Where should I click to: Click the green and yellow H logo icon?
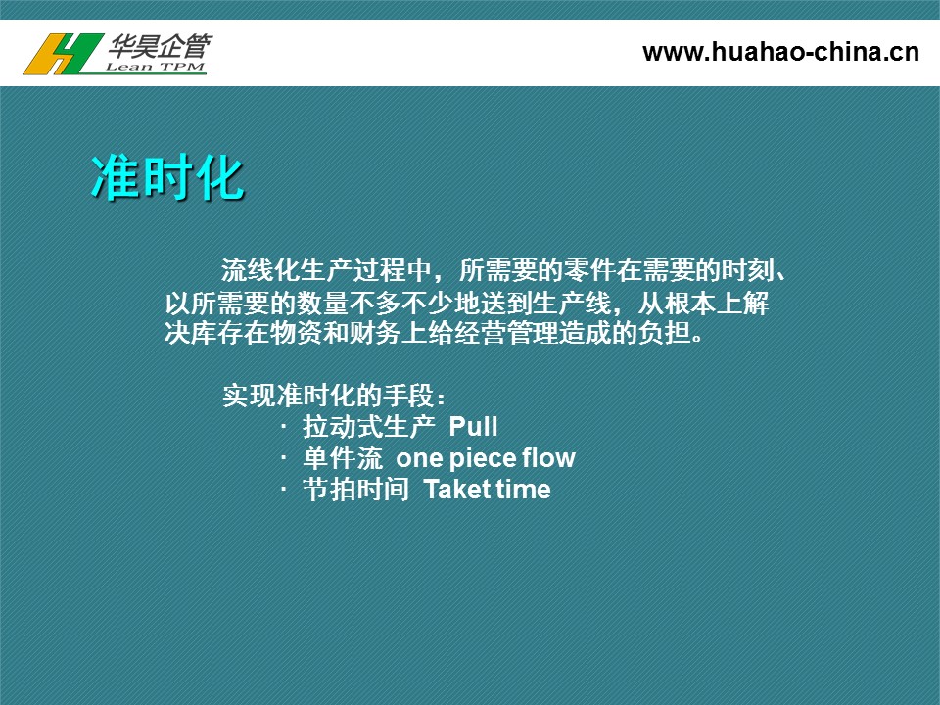pos(63,54)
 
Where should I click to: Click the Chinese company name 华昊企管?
pos(160,46)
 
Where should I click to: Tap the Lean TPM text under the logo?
pos(156,67)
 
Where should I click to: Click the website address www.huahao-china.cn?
pos(780,52)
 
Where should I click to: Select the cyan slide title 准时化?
pos(167,177)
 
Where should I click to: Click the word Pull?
pos(473,427)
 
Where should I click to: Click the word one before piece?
pos(419,458)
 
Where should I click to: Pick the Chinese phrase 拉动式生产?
pos(369,427)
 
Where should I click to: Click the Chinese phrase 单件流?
pos(343,458)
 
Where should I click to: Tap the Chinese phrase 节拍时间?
pos(356,490)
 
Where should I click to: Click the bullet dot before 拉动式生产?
pos(284,427)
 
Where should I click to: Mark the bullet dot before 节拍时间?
pos(284,490)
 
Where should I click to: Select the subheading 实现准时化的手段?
pos(333,396)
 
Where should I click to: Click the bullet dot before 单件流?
pos(284,458)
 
